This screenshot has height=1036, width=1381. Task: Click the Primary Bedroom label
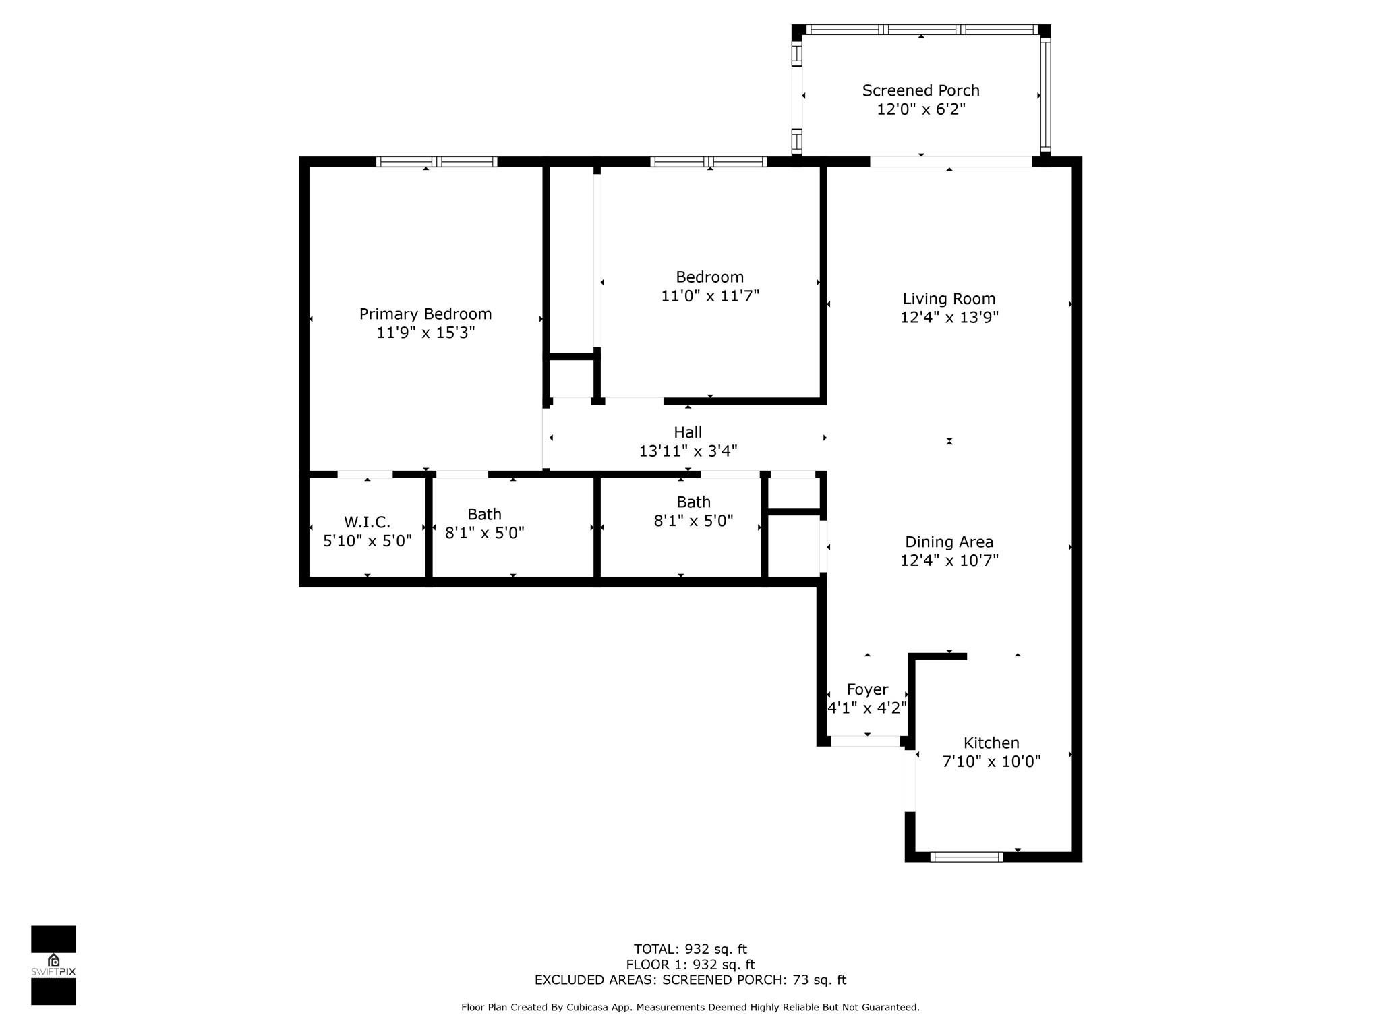click(x=425, y=314)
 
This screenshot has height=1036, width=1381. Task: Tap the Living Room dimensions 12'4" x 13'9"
click(x=949, y=317)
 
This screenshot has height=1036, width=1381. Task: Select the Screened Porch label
click(x=920, y=90)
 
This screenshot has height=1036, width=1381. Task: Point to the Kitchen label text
click(x=991, y=743)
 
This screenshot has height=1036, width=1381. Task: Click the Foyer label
click(x=867, y=690)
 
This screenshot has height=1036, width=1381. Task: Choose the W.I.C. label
click(x=367, y=522)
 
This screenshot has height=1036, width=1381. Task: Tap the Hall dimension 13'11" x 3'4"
click(x=688, y=451)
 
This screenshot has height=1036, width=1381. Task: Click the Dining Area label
click(x=949, y=542)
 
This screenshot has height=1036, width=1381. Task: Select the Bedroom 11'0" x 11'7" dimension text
click(x=710, y=296)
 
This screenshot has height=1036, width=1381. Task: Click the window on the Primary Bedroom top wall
click(x=436, y=162)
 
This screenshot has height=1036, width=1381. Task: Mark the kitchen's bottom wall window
click(x=966, y=857)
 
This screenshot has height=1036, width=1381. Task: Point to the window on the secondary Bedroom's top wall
click(x=708, y=162)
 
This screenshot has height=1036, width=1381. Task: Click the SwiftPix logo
click(x=53, y=965)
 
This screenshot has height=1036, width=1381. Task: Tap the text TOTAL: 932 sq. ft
click(x=690, y=950)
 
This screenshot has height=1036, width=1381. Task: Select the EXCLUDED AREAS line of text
click(x=690, y=980)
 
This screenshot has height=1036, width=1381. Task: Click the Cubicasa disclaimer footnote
click(x=690, y=1008)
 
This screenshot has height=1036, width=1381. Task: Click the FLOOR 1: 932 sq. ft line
click(x=690, y=965)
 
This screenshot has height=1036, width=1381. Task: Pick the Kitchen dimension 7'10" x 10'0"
click(x=991, y=761)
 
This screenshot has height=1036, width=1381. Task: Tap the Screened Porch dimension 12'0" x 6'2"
click(x=920, y=109)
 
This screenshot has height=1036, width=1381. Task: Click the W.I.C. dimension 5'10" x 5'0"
click(x=367, y=541)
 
